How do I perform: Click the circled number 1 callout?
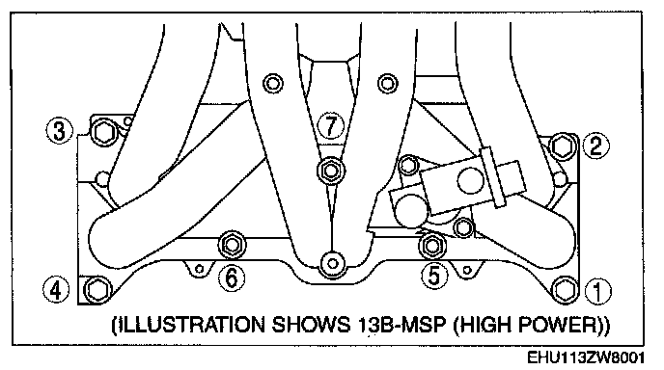(598, 291)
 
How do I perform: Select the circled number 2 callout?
(595, 145)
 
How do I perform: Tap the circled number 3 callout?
(59, 131)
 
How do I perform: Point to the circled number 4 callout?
(56, 290)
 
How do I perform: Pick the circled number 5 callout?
(435, 277)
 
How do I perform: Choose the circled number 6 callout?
(232, 278)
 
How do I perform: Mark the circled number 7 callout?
(331, 125)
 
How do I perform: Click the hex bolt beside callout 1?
(565, 290)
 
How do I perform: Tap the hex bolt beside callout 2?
(563, 146)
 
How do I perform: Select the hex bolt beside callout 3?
(103, 133)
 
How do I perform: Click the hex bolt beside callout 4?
(97, 290)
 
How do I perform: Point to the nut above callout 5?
(432, 246)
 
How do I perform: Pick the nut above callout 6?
(232, 245)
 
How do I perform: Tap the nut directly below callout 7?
(331, 171)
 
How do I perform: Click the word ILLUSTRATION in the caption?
(190, 325)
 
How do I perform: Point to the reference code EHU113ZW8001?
(586, 357)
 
